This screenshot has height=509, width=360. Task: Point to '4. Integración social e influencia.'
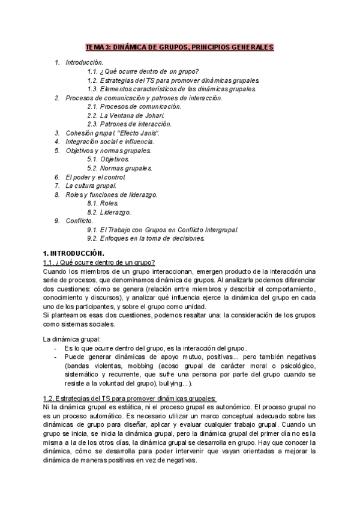tap(110, 142)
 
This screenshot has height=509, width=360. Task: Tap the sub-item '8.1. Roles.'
tap(103, 203)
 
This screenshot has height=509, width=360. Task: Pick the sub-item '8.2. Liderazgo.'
tap(109, 212)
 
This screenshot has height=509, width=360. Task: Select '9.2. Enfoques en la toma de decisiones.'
tap(146, 239)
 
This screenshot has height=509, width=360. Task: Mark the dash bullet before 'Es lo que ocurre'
tap(56, 348)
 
